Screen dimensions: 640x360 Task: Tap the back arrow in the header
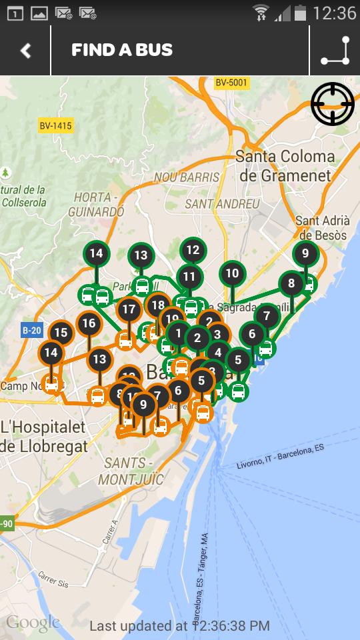[26, 51]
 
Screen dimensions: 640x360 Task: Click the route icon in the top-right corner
[335, 51]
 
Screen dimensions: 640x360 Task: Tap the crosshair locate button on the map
[332, 103]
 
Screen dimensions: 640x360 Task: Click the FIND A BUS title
[122, 50]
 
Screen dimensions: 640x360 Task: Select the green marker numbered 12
[193, 251]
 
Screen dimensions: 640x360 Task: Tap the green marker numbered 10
[232, 273]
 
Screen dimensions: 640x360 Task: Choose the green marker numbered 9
[305, 253]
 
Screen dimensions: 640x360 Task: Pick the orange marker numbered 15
[61, 333]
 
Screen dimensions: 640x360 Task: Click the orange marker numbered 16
[89, 324]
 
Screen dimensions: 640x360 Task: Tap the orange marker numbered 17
[129, 309]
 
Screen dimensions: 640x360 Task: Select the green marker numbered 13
[141, 255]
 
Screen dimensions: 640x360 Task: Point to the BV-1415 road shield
[55, 125]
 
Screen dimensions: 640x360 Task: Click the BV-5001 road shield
[231, 83]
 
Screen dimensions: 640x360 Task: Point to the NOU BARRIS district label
[187, 177]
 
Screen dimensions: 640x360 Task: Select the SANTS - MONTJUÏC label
[131, 471]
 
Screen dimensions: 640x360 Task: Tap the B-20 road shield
[31, 330]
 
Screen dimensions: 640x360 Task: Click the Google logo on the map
[33, 623]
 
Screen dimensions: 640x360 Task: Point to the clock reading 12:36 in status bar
[334, 13]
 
